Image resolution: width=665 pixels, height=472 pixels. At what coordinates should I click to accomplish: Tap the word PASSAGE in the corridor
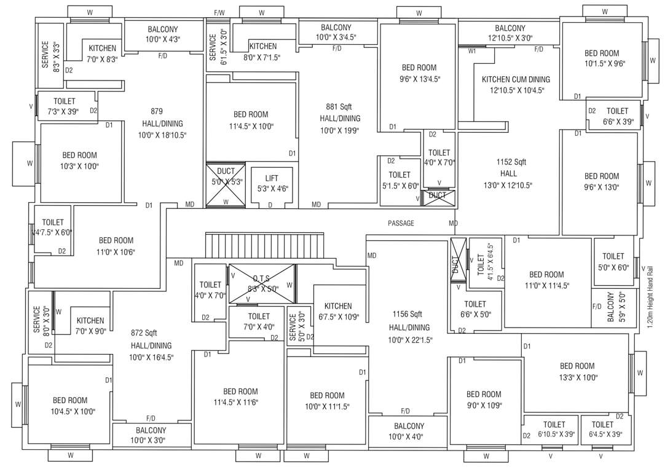click(401, 223)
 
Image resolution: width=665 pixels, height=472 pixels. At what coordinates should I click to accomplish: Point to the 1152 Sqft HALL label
click(511, 173)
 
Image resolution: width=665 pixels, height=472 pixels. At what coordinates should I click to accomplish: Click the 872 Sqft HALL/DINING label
click(151, 345)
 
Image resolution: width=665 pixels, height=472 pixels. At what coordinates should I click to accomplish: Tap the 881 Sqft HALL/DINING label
click(340, 118)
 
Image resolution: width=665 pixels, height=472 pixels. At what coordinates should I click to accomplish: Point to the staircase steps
click(264, 246)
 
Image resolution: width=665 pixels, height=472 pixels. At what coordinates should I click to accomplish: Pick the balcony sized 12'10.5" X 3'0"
click(510, 33)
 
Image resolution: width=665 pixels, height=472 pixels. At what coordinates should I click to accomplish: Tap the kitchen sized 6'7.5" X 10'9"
click(338, 312)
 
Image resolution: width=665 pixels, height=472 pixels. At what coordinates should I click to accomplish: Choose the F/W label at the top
click(219, 12)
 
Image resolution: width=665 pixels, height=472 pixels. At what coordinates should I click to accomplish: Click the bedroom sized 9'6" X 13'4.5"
click(419, 73)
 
